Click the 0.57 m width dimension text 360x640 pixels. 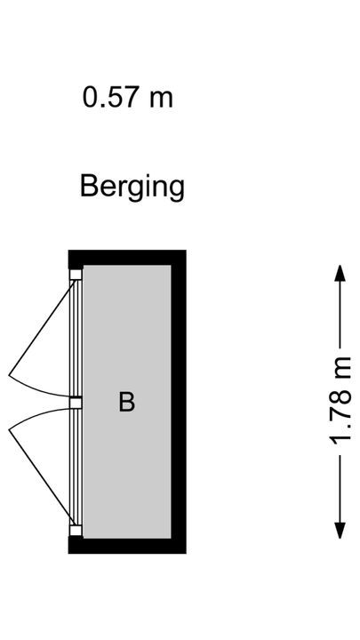(128, 98)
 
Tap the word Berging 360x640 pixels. (132, 188)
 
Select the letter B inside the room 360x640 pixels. (126, 402)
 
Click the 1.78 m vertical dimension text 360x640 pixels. (340, 402)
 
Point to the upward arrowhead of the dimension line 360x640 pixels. (340, 273)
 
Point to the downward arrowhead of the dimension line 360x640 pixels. (340, 530)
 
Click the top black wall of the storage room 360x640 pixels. (127, 258)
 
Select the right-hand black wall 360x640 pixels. (179, 402)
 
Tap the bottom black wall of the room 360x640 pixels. (127, 546)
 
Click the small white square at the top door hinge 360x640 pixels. (76, 275)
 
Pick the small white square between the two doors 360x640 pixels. (76, 404)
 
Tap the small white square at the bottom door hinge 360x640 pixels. (76, 530)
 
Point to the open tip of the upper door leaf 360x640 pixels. (9, 375)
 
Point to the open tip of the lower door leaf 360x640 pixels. (9, 429)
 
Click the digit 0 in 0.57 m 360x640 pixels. (90, 98)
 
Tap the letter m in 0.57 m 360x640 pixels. (161, 100)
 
